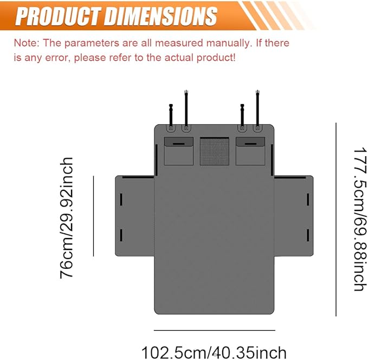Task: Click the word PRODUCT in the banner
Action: [58, 16]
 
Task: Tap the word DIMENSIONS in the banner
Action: [160, 16]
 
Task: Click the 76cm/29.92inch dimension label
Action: [67, 218]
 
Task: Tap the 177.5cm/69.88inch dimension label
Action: [360, 220]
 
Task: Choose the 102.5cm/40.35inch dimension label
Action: [214, 352]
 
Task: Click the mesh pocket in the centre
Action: [214, 151]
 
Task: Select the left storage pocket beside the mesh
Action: [179, 151]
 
